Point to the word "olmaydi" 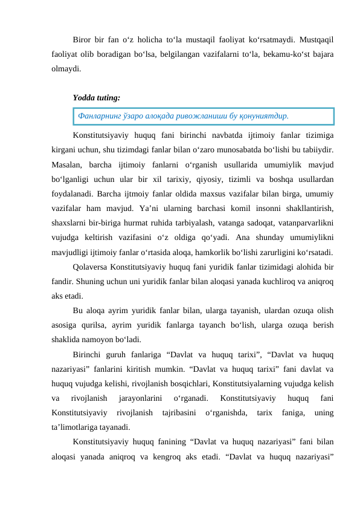coord(66,68)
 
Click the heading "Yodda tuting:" coord(95,97)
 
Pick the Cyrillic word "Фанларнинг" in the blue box coord(100,115)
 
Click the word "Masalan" coord(66,163)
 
